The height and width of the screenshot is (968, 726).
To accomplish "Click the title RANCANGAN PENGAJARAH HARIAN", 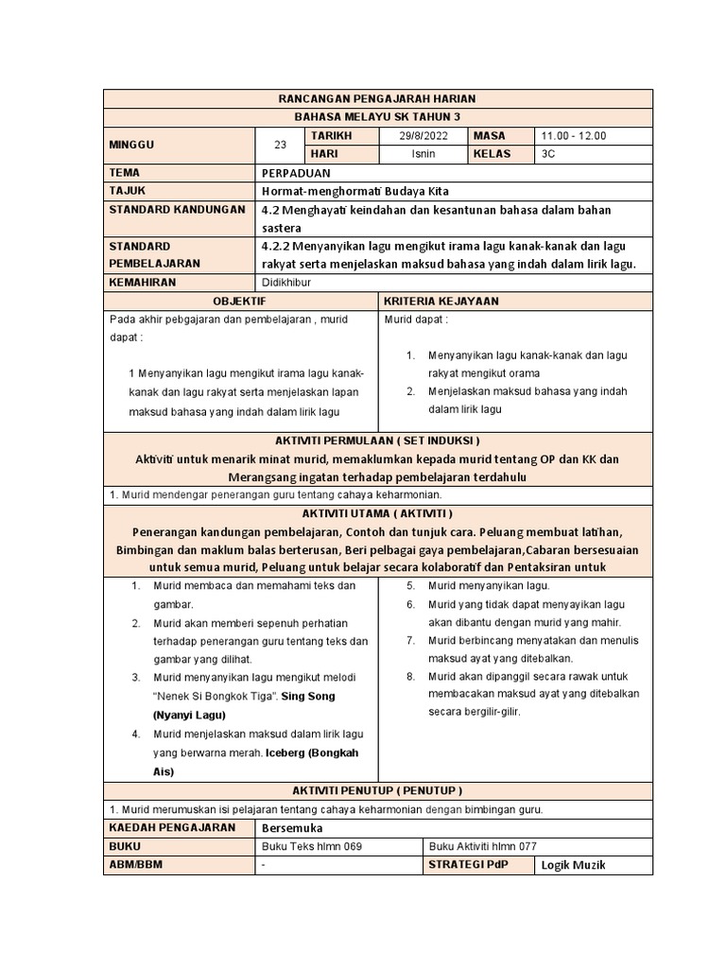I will [x=377, y=98].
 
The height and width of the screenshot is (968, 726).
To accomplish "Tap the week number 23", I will [x=280, y=145].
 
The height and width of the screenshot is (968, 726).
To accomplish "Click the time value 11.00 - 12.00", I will [x=575, y=135].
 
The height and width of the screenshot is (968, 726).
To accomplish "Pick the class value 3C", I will [x=549, y=153].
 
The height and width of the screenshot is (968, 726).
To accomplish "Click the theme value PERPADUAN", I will [x=297, y=172].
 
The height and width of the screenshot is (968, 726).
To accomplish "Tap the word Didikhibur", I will [x=285, y=282].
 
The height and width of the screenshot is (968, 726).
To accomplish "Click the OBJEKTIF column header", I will [x=239, y=301].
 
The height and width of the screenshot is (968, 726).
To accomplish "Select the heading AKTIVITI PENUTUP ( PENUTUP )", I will [x=377, y=790].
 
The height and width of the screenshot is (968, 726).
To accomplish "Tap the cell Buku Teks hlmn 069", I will [x=311, y=846].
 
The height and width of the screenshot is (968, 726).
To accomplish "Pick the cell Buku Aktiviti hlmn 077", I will [x=482, y=846].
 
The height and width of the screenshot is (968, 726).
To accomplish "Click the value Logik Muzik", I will [x=573, y=865].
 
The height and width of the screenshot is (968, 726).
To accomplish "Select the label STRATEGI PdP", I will [x=468, y=865].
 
